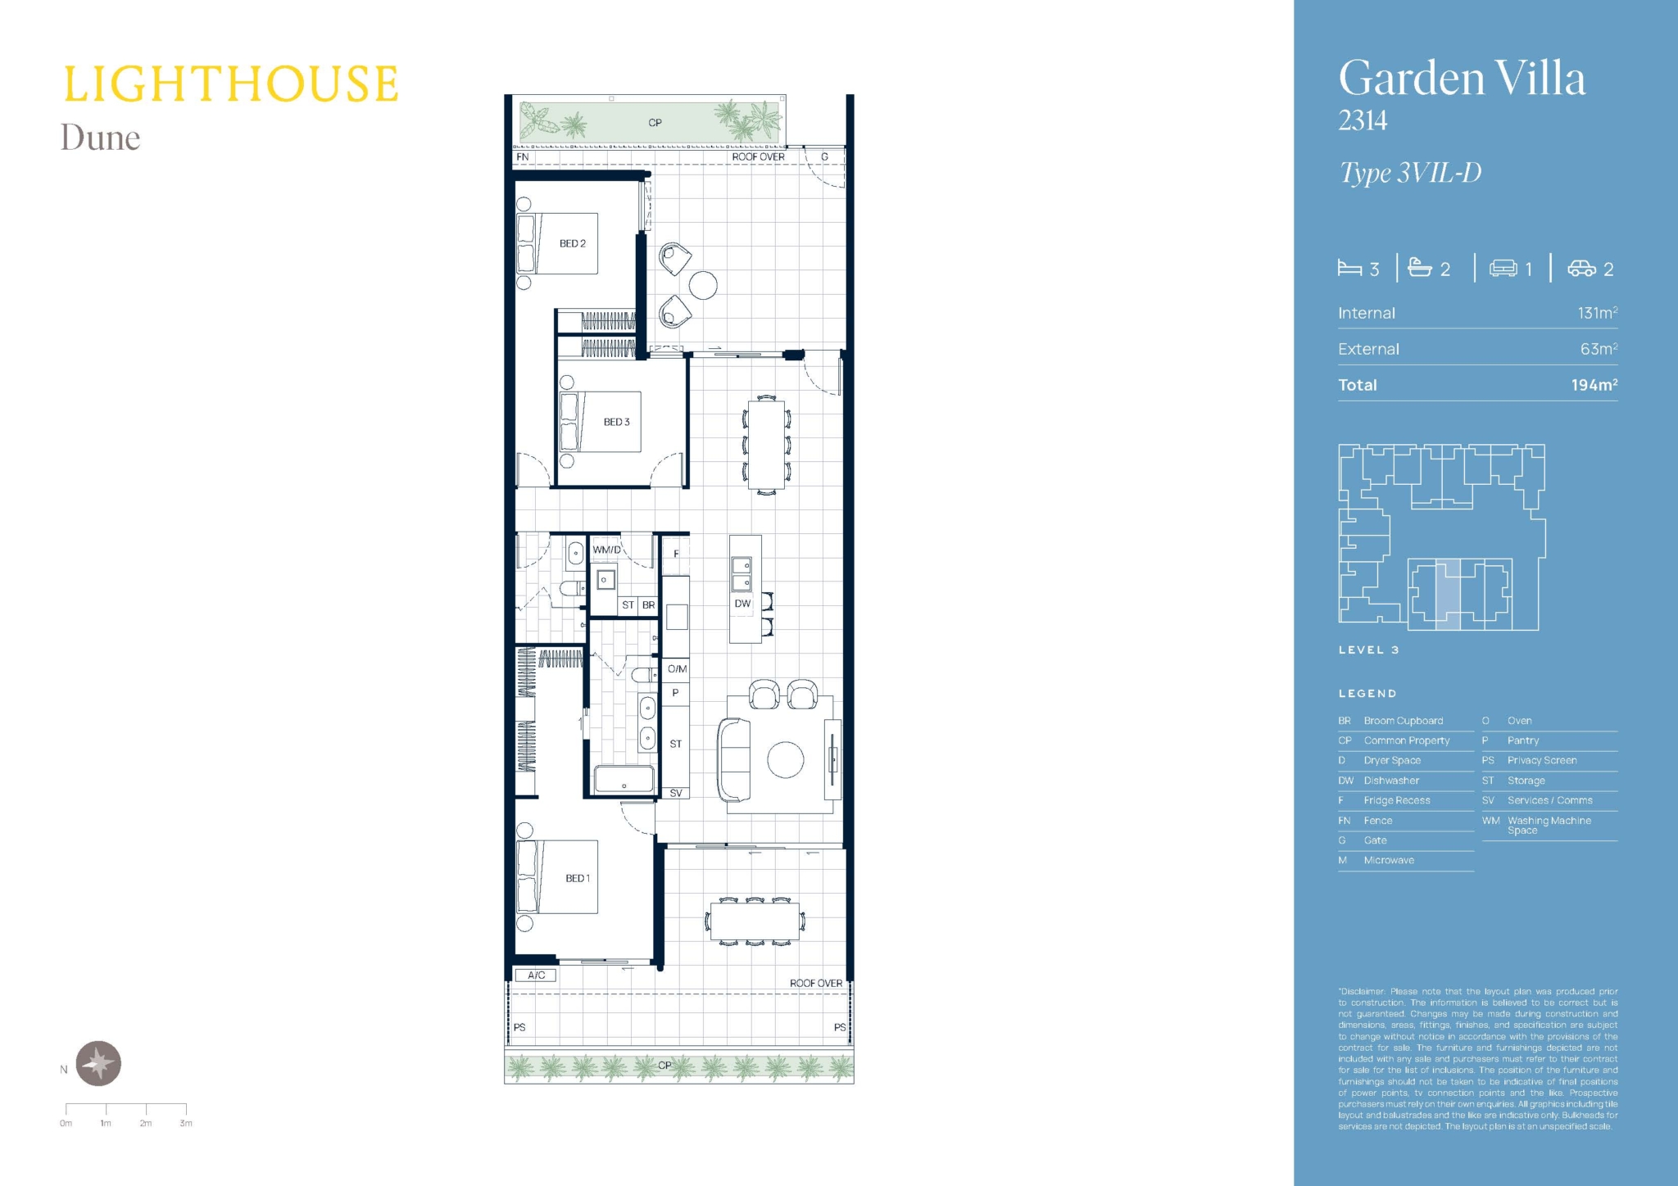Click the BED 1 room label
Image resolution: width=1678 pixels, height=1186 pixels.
(x=578, y=878)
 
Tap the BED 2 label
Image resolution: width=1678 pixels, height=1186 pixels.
(x=573, y=243)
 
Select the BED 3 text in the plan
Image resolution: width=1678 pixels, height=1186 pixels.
(x=617, y=422)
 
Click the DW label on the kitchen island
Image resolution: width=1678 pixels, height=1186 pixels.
(x=742, y=604)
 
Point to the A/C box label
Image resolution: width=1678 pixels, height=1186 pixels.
(x=537, y=976)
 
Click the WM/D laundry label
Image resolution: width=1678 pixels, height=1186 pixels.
(x=607, y=550)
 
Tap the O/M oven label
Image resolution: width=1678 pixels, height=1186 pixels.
(x=677, y=669)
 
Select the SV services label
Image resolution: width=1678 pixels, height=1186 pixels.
(x=676, y=793)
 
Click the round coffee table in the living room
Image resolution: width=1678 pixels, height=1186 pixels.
(x=786, y=759)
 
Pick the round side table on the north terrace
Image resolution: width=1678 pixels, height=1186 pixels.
(x=703, y=285)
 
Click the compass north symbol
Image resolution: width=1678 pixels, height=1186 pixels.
(x=99, y=1063)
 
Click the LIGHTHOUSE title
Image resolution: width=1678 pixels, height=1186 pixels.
(x=231, y=84)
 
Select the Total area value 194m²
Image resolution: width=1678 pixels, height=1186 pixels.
(x=1594, y=384)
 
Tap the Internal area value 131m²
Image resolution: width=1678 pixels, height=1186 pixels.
(x=1597, y=313)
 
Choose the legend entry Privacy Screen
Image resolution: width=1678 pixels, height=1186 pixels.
(x=1542, y=760)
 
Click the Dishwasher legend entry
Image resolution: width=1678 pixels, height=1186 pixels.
(x=1391, y=781)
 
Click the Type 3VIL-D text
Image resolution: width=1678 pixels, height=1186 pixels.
(x=1410, y=173)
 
